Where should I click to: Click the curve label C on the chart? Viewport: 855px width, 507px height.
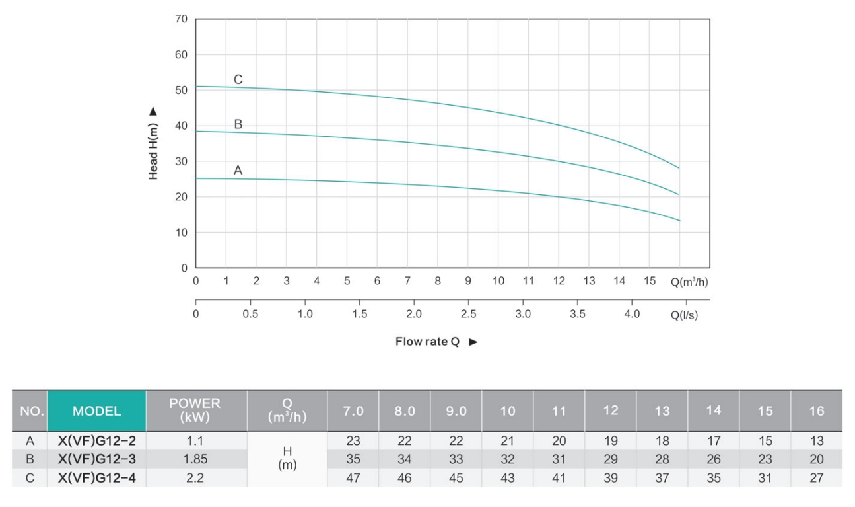[x=238, y=79]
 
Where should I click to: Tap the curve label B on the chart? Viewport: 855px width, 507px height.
[x=238, y=124]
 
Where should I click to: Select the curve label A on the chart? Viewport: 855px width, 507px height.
[x=238, y=170]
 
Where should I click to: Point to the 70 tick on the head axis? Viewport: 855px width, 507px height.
[x=181, y=19]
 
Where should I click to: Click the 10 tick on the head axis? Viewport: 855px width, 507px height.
[x=181, y=233]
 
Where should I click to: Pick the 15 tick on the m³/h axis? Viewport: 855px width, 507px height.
[x=650, y=281]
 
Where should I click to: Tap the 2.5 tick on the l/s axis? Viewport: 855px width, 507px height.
[x=468, y=314]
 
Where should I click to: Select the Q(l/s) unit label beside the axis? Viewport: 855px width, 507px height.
[x=684, y=315]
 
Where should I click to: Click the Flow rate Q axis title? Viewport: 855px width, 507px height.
[x=427, y=342]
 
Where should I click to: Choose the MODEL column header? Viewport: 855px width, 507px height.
[x=96, y=411]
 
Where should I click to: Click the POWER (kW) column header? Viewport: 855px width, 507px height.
[x=195, y=410]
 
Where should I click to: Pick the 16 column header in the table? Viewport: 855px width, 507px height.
[x=816, y=411]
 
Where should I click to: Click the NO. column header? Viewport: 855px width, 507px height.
[x=30, y=411]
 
